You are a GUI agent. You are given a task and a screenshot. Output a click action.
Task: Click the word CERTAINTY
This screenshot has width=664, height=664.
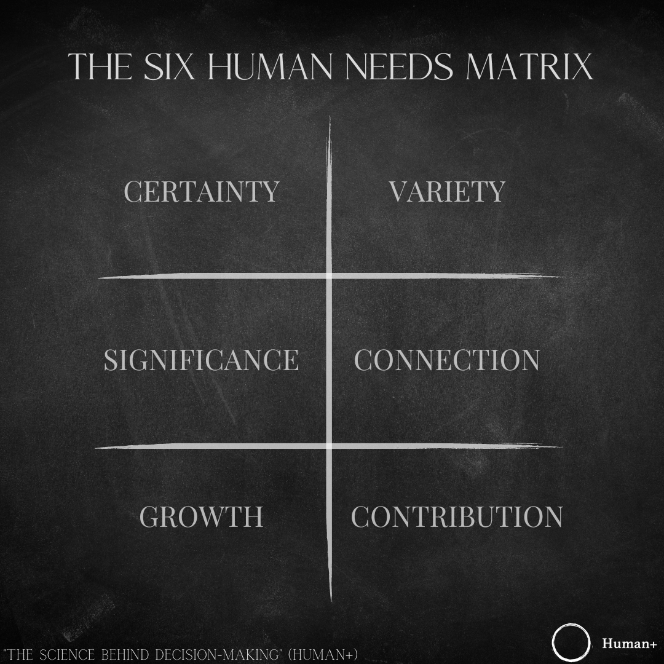click(202, 191)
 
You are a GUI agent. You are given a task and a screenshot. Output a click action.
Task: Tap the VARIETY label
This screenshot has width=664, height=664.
click(447, 191)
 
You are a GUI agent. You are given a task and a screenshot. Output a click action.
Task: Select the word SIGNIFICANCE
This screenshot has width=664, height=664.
click(201, 360)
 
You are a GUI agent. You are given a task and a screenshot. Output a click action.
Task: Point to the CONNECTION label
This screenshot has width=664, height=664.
click(447, 360)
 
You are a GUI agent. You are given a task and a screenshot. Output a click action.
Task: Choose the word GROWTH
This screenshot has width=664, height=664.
click(202, 516)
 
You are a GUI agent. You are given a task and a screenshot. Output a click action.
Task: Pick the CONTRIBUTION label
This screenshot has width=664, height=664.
click(457, 516)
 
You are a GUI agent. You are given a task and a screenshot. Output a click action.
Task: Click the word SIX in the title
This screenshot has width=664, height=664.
click(167, 67)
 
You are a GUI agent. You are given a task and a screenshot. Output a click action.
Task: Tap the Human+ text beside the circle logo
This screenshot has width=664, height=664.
click(629, 644)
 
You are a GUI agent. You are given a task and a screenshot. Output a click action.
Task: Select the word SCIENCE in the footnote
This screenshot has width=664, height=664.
click(65, 655)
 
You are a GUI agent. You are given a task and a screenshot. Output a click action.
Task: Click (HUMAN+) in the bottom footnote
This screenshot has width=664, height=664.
click(328, 655)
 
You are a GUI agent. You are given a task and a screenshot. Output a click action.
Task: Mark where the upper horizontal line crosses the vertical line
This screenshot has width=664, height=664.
click(330, 276)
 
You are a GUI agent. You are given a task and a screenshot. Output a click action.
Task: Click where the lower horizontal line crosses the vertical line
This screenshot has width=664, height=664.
click(330, 445)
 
